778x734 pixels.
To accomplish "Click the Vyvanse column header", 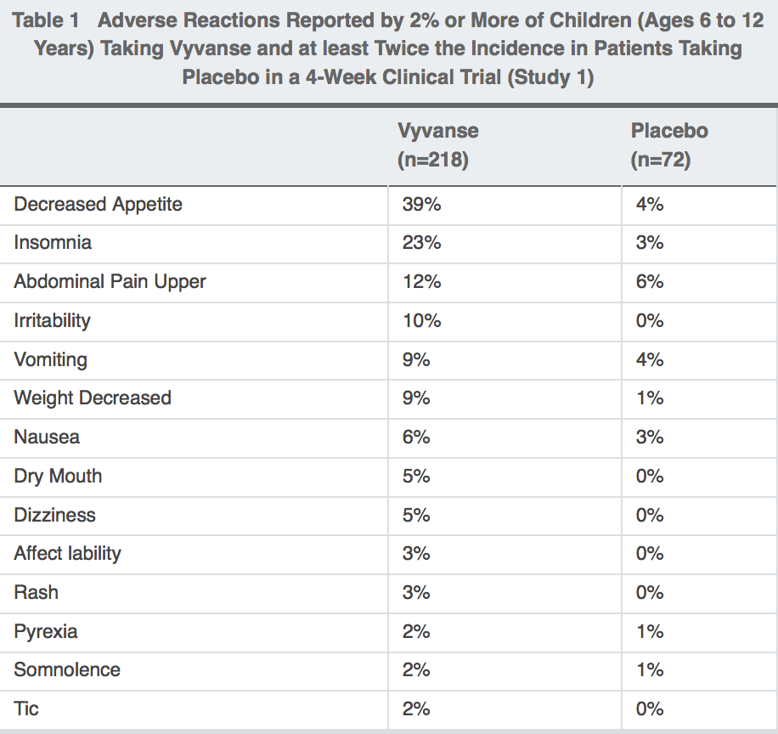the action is point(438,145).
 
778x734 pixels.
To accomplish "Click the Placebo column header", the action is point(669,145).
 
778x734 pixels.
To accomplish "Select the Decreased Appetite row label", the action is point(99,205).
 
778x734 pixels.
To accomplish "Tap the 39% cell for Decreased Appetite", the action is point(421,204).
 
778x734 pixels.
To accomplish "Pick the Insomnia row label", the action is point(53,243).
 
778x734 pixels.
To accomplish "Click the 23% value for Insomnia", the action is point(421,243).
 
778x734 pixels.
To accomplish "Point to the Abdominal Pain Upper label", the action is point(110,282).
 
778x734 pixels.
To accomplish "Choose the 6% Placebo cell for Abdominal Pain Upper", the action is point(650,281).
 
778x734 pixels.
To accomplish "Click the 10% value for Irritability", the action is point(421,320).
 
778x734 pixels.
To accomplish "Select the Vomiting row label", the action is point(51,360).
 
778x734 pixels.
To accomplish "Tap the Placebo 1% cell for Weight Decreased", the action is point(650,398).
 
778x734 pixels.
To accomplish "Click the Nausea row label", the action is point(47,438).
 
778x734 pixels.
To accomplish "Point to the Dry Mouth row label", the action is point(58,477).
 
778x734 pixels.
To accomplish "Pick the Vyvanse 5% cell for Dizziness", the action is point(416,515).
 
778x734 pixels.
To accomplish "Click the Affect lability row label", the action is point(67,554).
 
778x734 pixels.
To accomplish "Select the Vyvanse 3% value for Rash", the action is point(416,593).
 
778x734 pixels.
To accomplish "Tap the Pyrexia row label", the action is point(46,632).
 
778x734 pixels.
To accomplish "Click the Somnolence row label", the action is point(67,670).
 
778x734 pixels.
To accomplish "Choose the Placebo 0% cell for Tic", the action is point(650,709).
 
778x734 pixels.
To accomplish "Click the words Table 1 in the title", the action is point(46,21).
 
